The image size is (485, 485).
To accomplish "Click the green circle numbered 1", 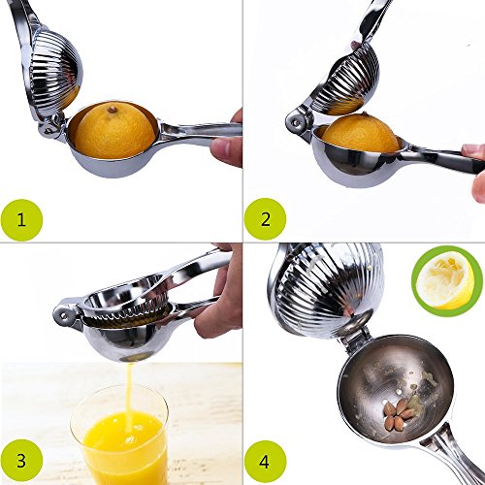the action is [x=21, y=220].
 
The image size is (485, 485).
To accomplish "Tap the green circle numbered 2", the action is [x=265, y=219].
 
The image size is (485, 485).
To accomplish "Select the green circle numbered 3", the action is [x=21, y=461].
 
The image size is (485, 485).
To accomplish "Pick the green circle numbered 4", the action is [x=265, y=462].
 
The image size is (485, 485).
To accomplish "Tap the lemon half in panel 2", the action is [x=361, y=134].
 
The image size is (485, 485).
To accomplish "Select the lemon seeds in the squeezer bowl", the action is [x=399, y=414].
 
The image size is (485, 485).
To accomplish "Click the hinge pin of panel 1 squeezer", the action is [x=48, y=130].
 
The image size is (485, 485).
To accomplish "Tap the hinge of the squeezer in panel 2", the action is [x=295, y=122].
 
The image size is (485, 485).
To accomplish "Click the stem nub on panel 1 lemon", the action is [x=112, y=110].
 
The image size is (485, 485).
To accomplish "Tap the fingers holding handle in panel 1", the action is [x=226, y=143].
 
